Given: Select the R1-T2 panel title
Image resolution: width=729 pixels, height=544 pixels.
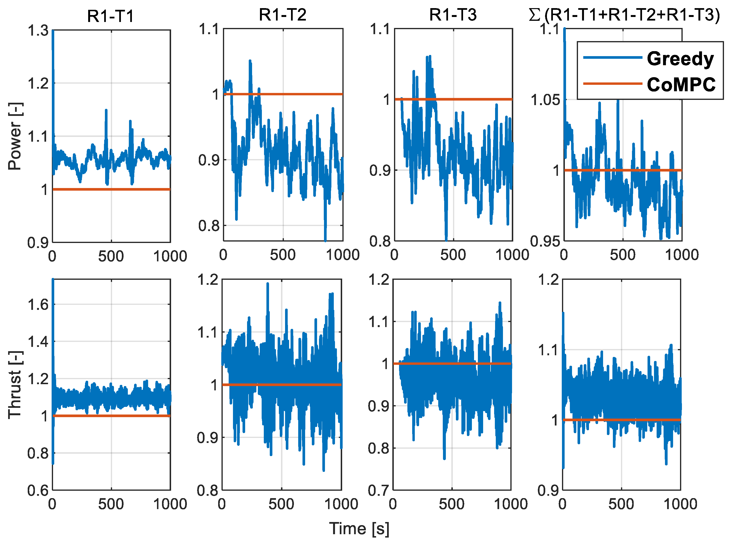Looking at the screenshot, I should pyautogui.click(x=282, y=15).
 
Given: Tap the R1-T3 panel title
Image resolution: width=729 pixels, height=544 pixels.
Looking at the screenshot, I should pyautogui.click(x=453, y=15).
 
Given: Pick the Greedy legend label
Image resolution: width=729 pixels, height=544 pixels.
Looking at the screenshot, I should pyautogui.click(x=680, y=59).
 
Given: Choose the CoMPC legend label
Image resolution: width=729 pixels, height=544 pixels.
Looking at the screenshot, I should pyautogui.click(x=681, y=85).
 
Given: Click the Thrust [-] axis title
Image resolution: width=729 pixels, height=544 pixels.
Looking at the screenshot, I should pyautogui.click(x=15, y=385).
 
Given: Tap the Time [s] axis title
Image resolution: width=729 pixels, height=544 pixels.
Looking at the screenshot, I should pyautogui.click(x=359, y=528).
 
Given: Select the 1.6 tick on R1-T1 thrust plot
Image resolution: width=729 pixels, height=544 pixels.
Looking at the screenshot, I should pyautogui.click(x=38, y=305).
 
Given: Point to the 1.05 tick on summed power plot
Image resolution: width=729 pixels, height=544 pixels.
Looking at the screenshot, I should pyautogui.click(x=545, y=100).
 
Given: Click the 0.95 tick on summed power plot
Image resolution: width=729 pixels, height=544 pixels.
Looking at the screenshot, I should pyautogui.click(x=545, y=241).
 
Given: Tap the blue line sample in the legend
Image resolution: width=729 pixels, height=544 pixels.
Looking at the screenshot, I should pyautogui.click(x=612, y=58).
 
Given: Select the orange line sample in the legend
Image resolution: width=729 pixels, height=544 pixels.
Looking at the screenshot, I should pyautogui.click(x=612, y=84).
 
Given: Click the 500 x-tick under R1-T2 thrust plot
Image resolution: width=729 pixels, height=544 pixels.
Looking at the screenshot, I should pyautogui.click(x=281, y=504).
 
